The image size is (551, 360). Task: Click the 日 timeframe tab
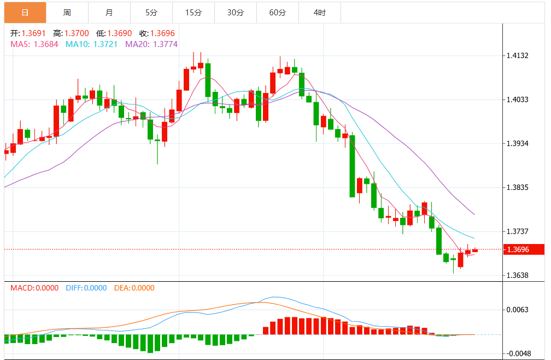pos(25,12)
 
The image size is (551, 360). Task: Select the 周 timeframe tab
pos(67,12)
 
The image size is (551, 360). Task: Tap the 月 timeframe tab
pos(109,12)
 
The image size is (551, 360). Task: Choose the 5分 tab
pos(151,12)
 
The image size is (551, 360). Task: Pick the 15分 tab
pos(194,12)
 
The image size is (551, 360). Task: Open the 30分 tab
pos(235,12)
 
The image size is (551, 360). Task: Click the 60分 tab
pos(278,12)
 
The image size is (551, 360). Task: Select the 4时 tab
pos(320,12)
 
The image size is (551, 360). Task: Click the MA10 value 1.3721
pos(102,44)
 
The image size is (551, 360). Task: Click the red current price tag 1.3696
pos(524,249)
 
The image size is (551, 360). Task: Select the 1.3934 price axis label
pos(517,143)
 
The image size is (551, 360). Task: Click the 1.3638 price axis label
pos(517,275)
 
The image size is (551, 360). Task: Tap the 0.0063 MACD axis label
pos(517,310)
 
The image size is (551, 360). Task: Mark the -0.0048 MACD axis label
pos(517,353)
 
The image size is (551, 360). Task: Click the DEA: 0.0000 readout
pos(134,288)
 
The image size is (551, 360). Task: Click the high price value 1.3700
pos(77,33)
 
